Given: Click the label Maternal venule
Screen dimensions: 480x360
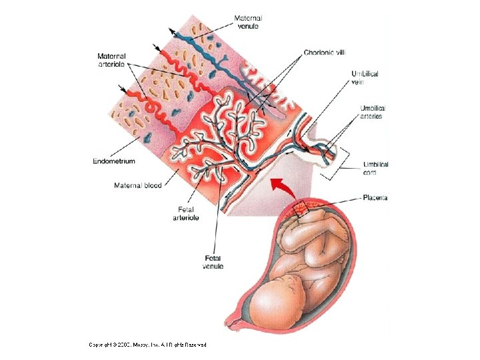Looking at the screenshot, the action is [x=248, y=21].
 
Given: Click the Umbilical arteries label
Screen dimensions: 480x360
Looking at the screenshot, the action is [x=371, y=112].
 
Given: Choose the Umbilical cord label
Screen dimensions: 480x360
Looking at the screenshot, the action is [x=375, y=168].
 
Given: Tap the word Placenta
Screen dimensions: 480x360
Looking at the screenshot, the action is [x=375, y=198].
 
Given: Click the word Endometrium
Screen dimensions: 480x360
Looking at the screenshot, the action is [x=115, y=161].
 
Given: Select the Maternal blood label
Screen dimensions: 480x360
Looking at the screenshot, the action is [x=138, y=185].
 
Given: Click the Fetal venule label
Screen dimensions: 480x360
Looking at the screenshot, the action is [x=213, y=262].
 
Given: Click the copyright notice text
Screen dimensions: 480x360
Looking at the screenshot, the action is [x=148, y=345].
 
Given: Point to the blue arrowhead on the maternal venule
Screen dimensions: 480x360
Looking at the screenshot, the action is [x=172, y=31].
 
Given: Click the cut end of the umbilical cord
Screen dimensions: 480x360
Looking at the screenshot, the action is [x=329, y=154].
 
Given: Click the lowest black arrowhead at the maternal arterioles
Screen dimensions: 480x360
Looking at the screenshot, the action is [x=121, y=87].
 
